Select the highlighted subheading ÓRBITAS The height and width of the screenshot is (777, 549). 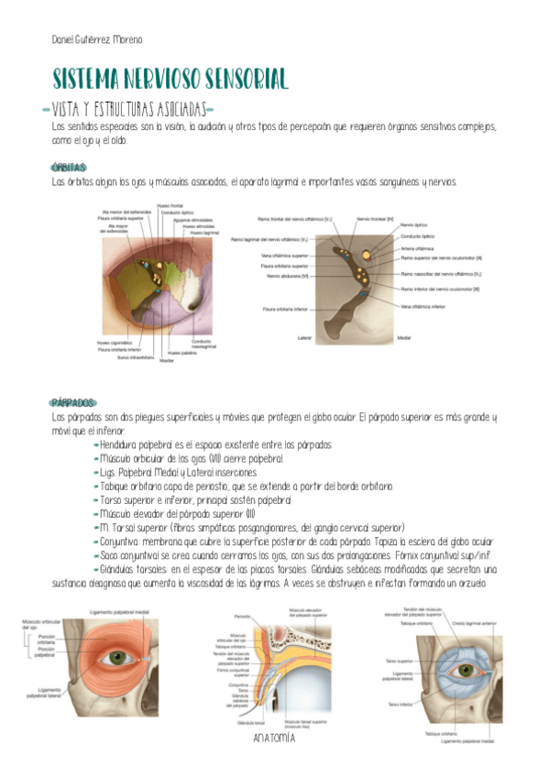pyautogui.click(x=70, y=168)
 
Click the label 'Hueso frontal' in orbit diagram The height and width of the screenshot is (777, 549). pyautogui.click(x=170, y=205)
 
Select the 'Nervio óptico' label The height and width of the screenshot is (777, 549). pyautogui.click(x=414, y=224)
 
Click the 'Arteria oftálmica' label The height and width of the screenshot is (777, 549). pyautogui.click(x=417, y=248)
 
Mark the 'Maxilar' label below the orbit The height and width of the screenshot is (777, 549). pyautogui.click(x=167, y=361)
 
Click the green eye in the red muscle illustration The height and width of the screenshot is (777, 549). pyautogui.click(x=115, y=657)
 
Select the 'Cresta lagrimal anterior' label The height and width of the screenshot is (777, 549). pyautogui.click(x=476, y=623)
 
